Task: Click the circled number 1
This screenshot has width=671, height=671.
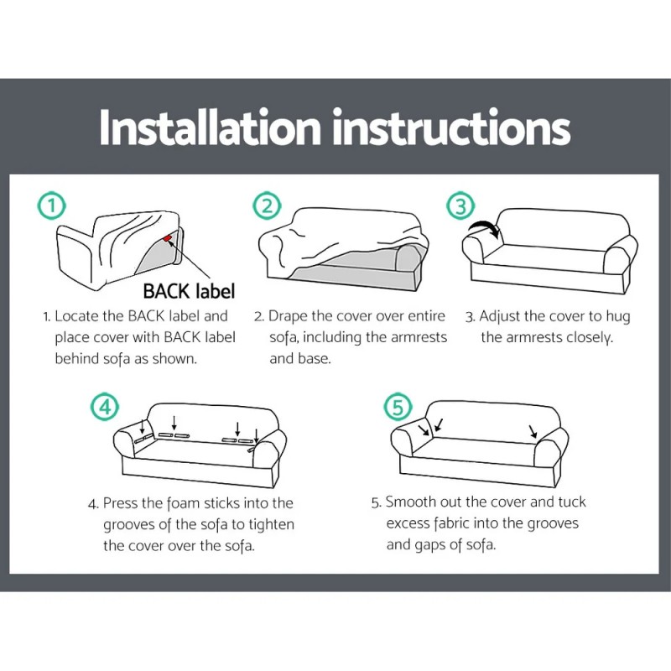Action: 52,205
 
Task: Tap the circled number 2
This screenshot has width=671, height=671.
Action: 266,205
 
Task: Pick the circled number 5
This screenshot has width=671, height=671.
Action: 398,408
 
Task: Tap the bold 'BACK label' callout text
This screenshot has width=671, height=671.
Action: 189,291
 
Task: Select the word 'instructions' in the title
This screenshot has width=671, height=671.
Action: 451,127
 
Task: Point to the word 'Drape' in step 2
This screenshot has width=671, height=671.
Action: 289,317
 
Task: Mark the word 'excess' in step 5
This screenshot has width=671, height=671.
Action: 409,523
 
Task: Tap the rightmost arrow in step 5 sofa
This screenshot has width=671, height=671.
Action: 532,431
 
